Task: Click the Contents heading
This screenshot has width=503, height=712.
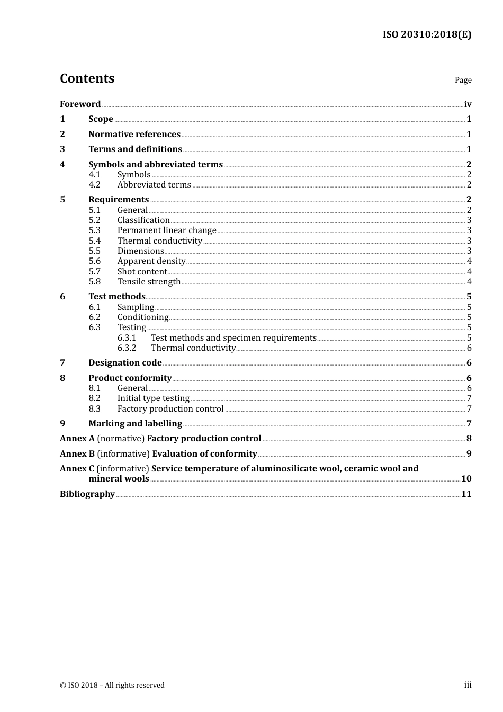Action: click(x=87, y=78)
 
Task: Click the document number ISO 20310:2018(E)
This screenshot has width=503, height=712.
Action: click(x=427, y=34)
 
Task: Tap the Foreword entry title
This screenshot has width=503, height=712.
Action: click(x=80, y=104)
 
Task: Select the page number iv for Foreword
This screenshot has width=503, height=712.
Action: click(x=468, y=104)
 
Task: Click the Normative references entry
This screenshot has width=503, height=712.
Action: click(x=134, y=135)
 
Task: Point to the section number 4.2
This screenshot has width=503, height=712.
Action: click(x=94, y=185)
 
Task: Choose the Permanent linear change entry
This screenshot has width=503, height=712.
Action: click(x=167, y=230)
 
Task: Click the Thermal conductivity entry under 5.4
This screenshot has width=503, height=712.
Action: click(x=160, y=241)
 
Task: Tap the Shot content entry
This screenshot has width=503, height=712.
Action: click(x=142, y=272)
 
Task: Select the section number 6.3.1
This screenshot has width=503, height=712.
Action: click(x=127, y=338)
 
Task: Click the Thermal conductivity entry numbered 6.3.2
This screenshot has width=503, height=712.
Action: click(x=193, y=348)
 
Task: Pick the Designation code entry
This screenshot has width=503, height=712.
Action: click(x=125, y=363)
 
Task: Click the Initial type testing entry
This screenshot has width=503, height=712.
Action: click(x=154, y=398)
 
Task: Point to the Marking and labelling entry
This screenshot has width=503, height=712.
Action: click(x=135, y=424)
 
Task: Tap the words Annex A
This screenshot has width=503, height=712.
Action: click(x=77, y=439)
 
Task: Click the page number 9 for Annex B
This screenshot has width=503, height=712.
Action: click(x=469, y=454)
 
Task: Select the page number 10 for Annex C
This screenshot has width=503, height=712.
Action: click(x=466, y=479)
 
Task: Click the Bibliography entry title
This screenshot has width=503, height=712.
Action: click(x=87, y=494)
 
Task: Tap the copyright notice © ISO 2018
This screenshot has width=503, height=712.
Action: click(x=112, y=686)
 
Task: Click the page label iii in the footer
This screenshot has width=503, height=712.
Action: click(x=468, y=685)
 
